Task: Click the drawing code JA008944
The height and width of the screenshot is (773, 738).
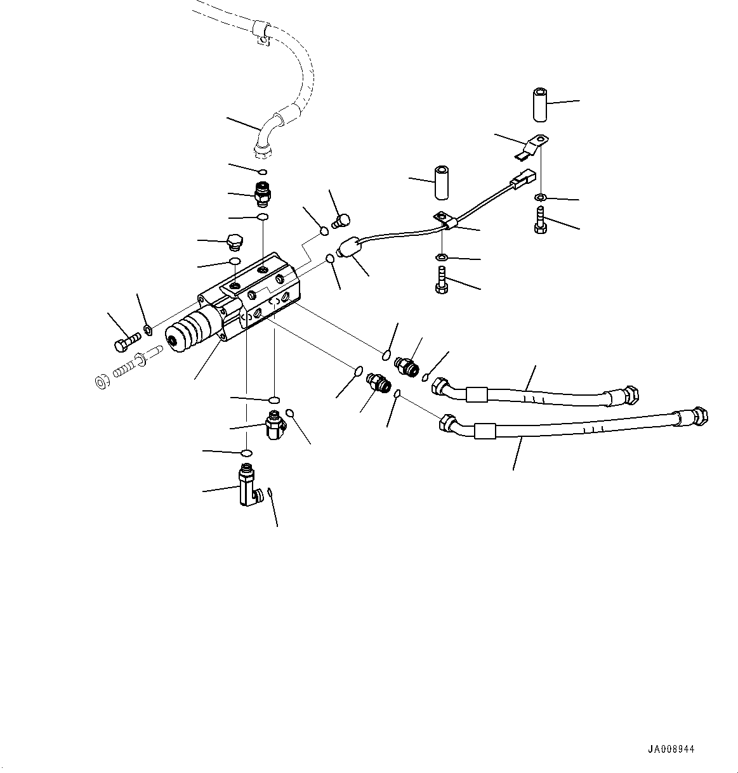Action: (671, 749)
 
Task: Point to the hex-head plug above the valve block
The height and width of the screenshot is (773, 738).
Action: (234, 242)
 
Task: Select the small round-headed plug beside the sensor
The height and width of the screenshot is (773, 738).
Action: (341, 221)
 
